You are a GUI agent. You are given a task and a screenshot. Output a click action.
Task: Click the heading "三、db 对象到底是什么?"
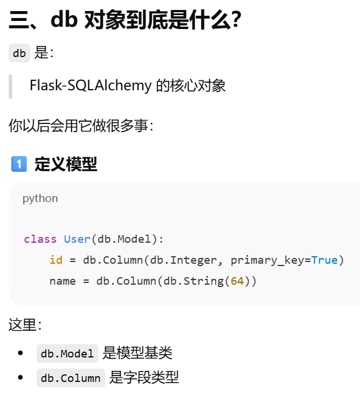click(125, 21)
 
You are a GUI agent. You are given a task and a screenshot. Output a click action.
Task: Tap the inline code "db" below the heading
click(19, 54)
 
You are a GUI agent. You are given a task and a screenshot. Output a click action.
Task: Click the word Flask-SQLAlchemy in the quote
click(90, 86)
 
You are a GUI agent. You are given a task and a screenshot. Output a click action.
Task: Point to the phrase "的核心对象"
click(190, 86)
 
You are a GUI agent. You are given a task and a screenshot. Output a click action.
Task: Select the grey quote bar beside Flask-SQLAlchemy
click(10, 86)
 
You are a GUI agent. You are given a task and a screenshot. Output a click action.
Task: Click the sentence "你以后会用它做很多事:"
click(81, 125)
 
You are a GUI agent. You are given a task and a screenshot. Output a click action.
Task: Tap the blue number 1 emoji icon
click(19, 164)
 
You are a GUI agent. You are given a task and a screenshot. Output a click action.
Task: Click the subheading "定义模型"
click(66, 164)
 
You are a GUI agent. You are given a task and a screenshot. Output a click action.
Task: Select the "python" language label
click(40, 199)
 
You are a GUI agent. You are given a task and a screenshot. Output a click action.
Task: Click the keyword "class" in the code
click(40, 239)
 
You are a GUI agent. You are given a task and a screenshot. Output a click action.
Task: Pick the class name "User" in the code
click(77, 239)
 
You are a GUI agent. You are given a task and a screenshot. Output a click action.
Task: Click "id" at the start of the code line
click(56, 260)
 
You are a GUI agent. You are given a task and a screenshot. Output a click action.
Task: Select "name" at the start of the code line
click(62, 281)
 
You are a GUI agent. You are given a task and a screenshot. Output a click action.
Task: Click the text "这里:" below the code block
click(25, 325)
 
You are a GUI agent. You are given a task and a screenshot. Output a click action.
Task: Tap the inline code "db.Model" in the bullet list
click(67, 353)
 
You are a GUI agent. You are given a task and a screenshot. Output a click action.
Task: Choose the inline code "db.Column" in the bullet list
click(71, 378)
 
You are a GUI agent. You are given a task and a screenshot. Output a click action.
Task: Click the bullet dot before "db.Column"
click(21, 378)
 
